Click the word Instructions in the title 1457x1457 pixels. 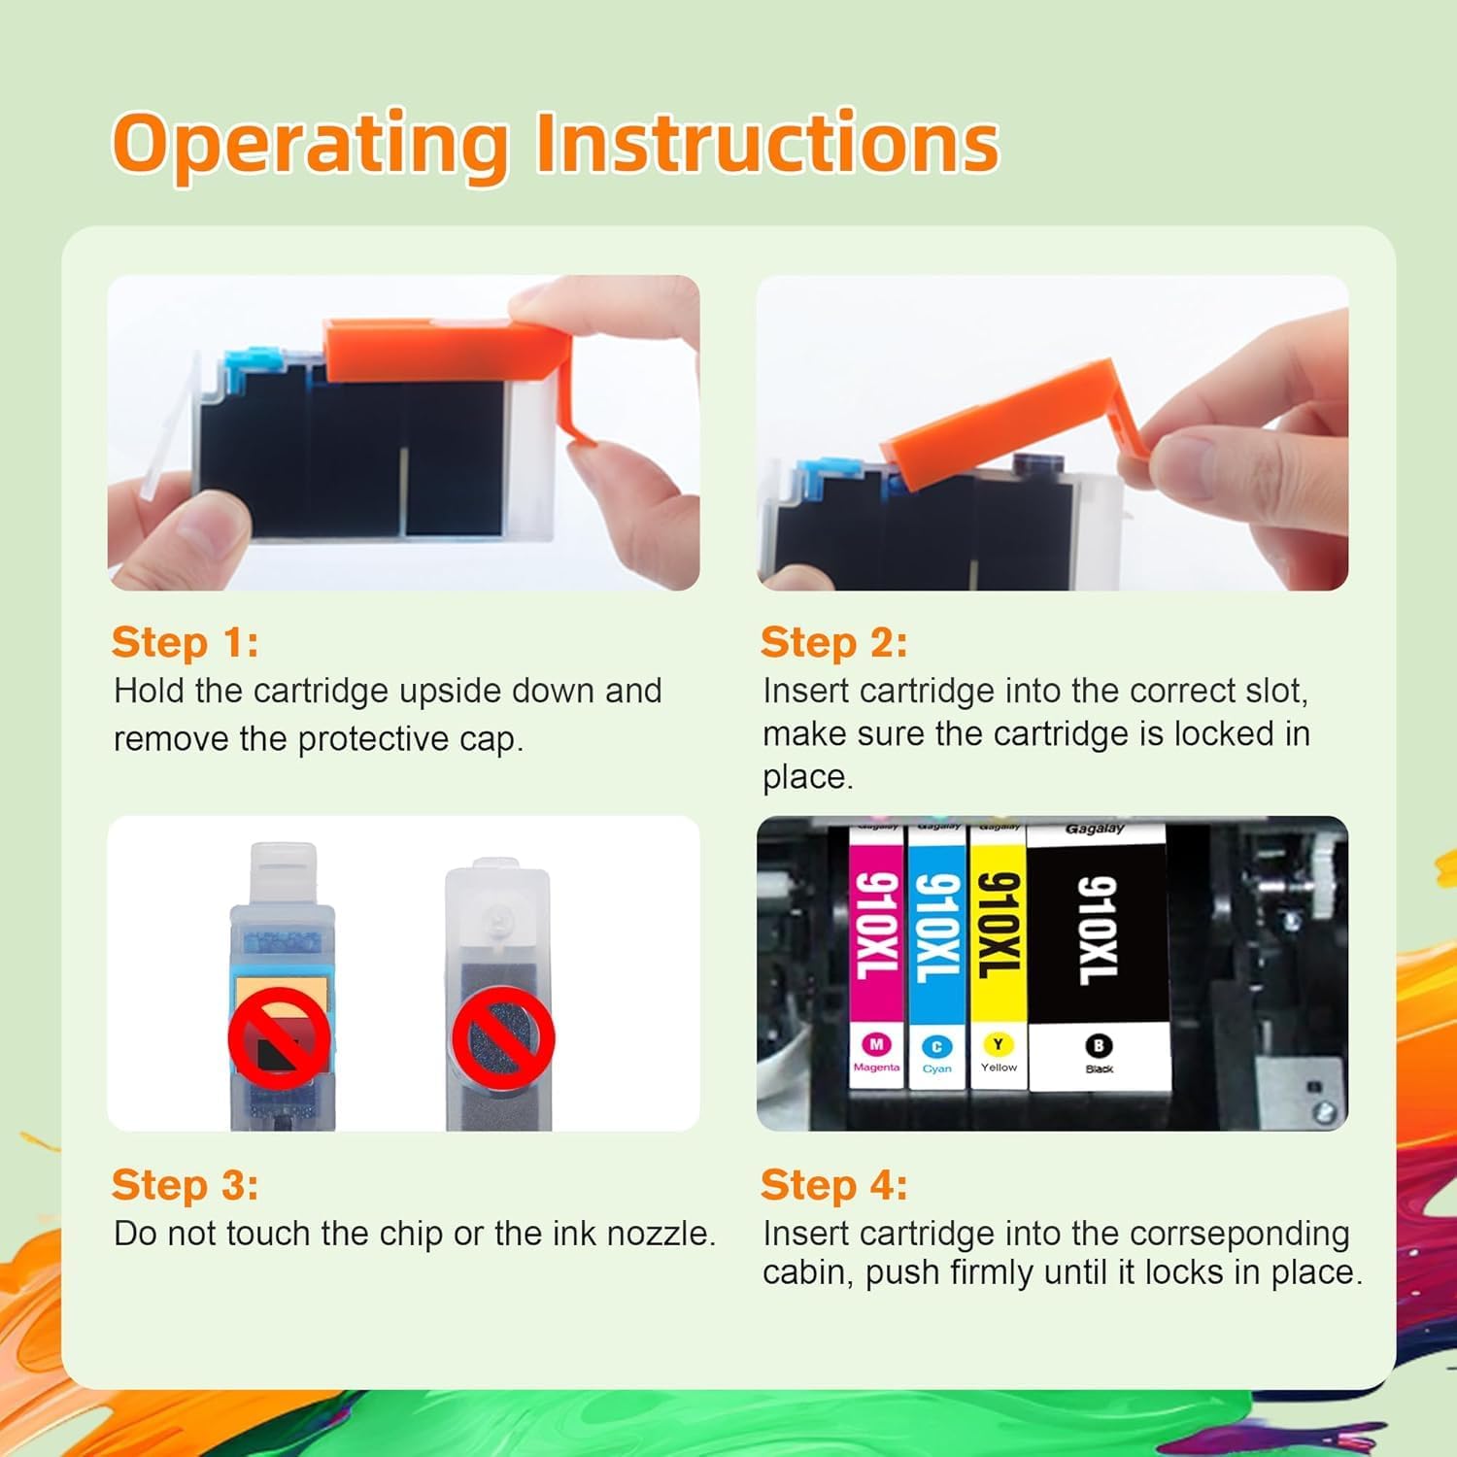point(766,144)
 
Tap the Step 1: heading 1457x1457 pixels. point(185,642)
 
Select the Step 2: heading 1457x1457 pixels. point(833,642)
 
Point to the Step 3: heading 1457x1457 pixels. point(185,1184)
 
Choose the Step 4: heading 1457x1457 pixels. point(833,1184)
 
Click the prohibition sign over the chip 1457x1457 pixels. point(280,1037)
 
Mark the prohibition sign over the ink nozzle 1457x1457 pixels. point(502,1037)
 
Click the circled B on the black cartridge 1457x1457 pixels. point(1099,1045)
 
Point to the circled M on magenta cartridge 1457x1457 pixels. point(876,1044)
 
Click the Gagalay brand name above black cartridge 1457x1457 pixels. point(1095,829)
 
